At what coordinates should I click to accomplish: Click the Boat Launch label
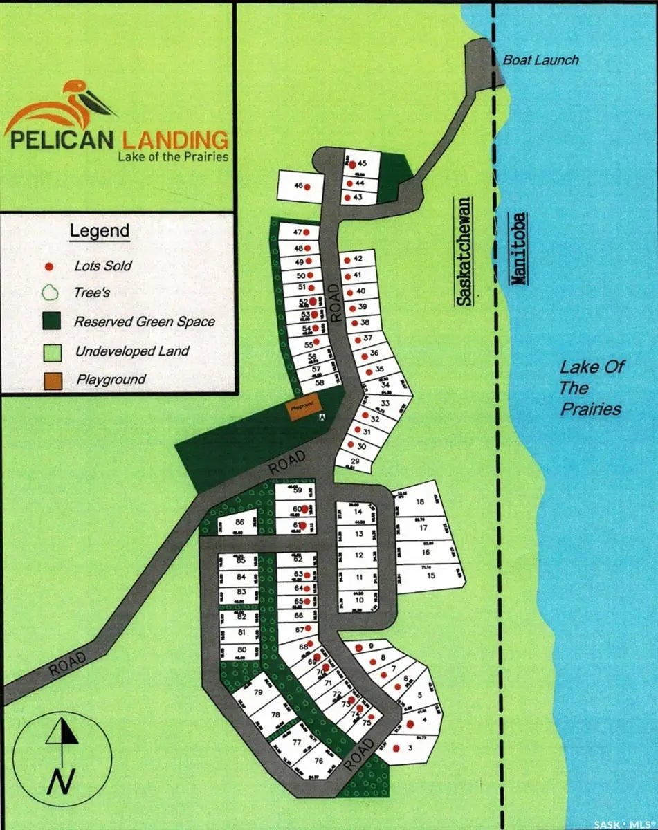(x=540, y=60)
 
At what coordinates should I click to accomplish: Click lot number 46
(x=300, y=185)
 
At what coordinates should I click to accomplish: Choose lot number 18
(x=419, y=502)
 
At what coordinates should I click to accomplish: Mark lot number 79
(x=259, y=692)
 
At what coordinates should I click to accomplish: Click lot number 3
(x=410, y=748)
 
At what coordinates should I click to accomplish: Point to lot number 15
(x=430, y=575)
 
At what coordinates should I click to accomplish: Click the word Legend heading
(x=100, y=230)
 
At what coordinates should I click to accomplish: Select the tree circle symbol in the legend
(x=49, y=292)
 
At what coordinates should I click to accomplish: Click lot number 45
(x=361, y=164)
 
